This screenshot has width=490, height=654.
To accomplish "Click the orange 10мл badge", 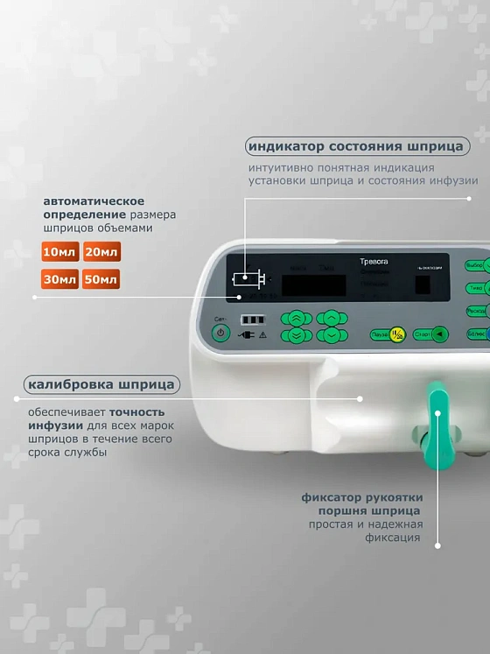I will pos(59,253).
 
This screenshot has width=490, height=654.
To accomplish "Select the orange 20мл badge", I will pos(101,253).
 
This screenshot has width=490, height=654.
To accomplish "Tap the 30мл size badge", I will pos(59,280).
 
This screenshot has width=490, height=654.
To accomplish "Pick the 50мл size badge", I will pos(101,280).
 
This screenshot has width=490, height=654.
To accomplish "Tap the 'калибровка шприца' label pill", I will pos(102,384).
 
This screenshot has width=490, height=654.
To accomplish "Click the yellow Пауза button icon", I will pos(397,334).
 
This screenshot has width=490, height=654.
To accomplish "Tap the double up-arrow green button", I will pos(297,318).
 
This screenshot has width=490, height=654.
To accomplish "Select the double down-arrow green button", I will pos(297,334).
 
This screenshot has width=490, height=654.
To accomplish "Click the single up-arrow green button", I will pos(332,318).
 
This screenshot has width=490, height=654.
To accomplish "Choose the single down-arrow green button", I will pos(332,334).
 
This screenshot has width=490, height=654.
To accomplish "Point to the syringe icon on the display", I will pos(248,280).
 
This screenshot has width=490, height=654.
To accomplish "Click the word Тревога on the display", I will pos(374,262).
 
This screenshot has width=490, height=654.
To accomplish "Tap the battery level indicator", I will pos(252,320).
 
